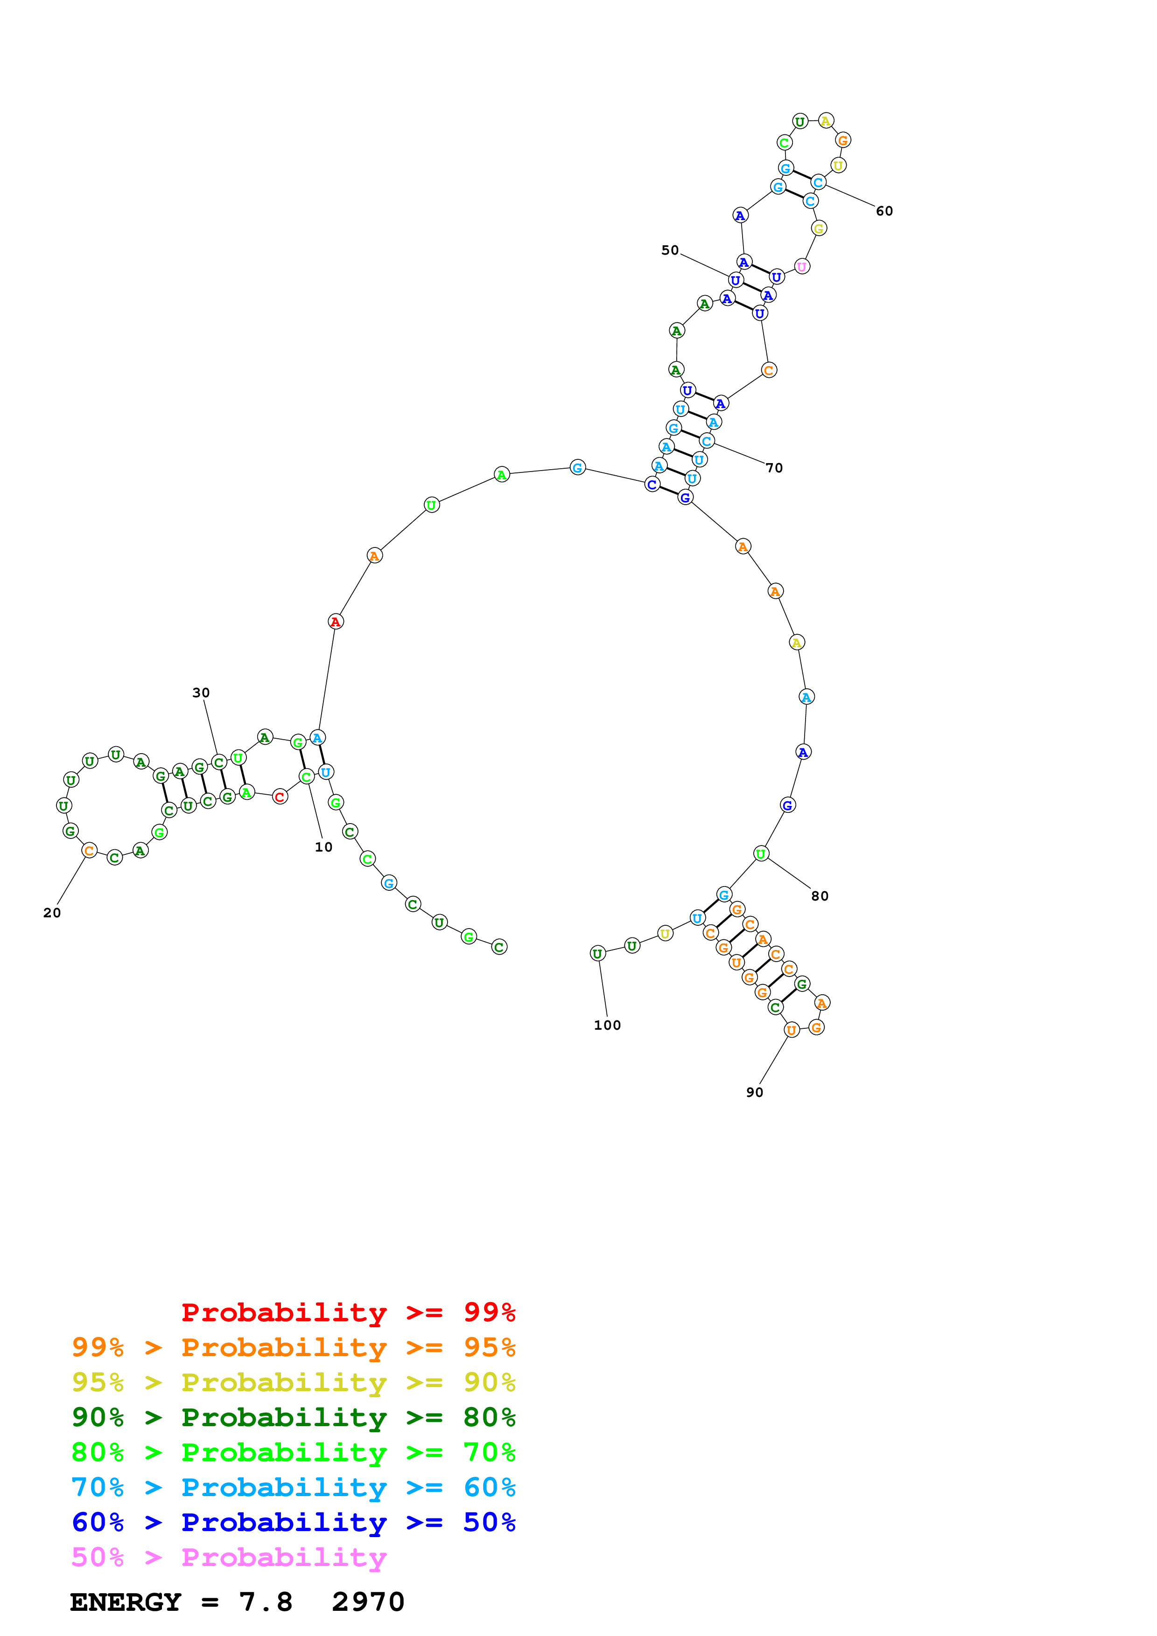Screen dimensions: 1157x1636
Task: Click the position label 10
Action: [323, 847]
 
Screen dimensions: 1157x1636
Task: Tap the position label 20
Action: [52, 913]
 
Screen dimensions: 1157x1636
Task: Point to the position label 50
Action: [670, 250]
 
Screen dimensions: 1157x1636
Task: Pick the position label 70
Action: [774, 468]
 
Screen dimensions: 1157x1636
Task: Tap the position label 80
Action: [820, 896]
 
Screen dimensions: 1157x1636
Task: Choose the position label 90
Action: [754, 1092]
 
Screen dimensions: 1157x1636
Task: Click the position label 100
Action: [607, 1026]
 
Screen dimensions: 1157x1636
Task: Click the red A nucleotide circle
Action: [335, 622]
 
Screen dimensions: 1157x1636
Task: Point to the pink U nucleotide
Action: [802, 266]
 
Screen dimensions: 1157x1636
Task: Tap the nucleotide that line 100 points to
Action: [597, 953]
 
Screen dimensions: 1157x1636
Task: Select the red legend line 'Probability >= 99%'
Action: [348, 1312]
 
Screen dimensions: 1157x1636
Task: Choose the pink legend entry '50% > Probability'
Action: [228, 1558]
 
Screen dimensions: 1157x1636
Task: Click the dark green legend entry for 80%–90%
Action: [293, 1417]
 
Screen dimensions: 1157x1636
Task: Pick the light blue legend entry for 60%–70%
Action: [293, 1488]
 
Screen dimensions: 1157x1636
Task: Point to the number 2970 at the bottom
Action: [368, 1602]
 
